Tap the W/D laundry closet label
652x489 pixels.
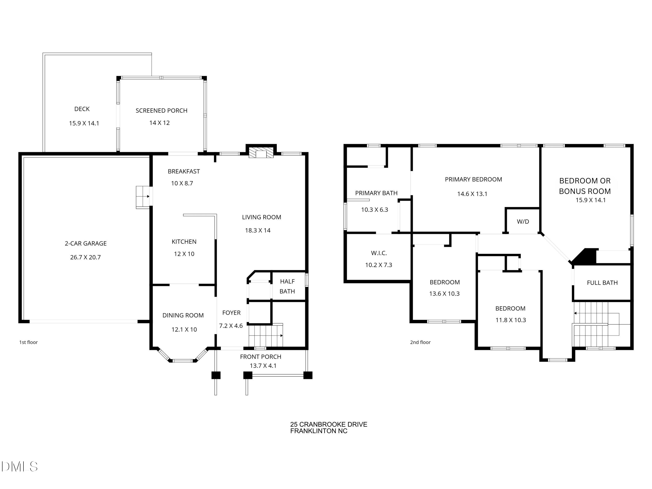click(523, 222)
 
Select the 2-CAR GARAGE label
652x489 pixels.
click(86, 243)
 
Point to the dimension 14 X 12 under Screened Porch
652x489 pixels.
click(160, 123)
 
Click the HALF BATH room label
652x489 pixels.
click(287, 286)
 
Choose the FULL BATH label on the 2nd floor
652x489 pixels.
click(602, 283)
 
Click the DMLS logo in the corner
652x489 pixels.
click(20, 467)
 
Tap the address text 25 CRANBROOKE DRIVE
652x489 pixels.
click(329, 424)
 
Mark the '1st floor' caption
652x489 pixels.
click(29, 342)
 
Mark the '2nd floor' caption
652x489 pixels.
click(420, 342)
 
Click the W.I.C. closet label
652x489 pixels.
click(379, 253)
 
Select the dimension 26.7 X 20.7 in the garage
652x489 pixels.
click(85, 257)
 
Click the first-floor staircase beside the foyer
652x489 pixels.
click(266, 336)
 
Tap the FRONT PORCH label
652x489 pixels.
click(261, 357)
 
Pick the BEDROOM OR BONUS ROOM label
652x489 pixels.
click(585, 186)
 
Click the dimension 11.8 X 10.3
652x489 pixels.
click(511, 320)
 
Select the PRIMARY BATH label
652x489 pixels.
click(376, 193)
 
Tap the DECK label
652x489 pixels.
click(82, 109)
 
